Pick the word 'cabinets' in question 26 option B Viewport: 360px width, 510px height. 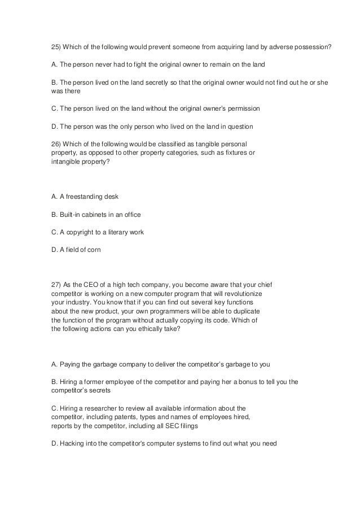(x=95, y=215)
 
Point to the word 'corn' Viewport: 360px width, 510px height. (x=93, y=250)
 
